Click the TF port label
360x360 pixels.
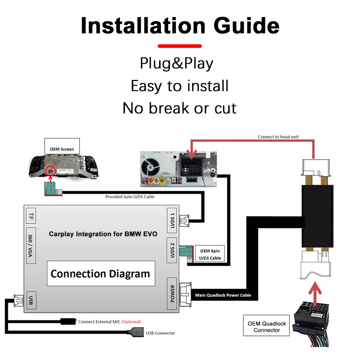(31, 216)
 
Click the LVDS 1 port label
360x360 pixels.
(172, 219)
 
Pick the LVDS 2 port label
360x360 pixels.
(172, 249)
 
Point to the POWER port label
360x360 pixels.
(172, 294)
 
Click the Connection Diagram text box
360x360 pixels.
(100, 274)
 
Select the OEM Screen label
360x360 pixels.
(62, 149)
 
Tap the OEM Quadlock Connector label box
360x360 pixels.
(266, 327)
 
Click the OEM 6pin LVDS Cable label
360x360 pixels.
(210, 254)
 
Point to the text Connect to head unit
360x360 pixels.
(278, 137)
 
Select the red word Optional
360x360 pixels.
(131, 321)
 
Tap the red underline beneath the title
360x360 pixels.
(180, 46)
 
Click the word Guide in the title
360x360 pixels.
(246, 26)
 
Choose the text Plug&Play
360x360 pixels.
(176, 63)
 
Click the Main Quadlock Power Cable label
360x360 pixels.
(223, 295)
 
